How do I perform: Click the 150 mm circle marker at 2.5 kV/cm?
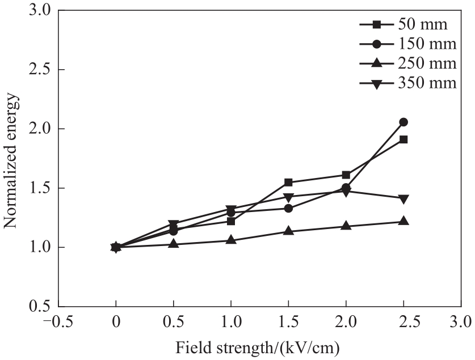[403, 122]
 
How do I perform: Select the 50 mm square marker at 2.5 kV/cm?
[403, 139]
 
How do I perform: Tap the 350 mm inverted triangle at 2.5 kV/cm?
[403, 199]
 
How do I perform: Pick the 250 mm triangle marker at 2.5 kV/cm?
[403, 221]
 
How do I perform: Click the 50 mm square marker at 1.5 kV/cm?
[288, 183]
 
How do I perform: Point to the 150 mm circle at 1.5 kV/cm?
[288, 208]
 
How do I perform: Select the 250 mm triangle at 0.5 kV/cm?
[174, 244]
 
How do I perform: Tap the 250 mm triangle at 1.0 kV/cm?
[231, 240]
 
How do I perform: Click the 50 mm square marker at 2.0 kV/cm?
[346, 175]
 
